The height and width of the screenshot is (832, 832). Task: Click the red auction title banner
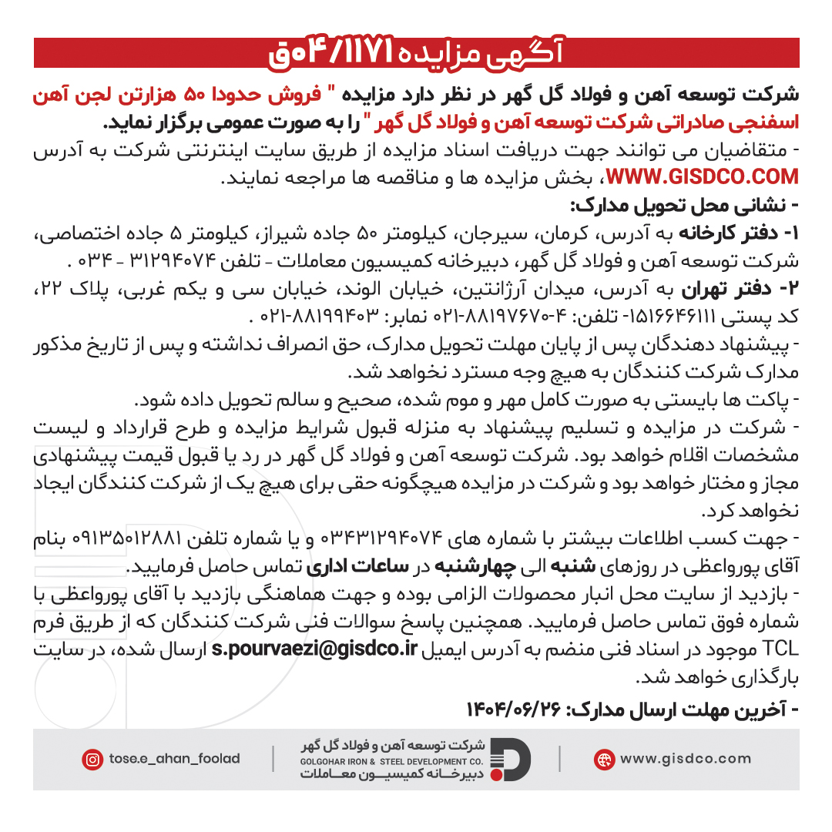coord(416,53)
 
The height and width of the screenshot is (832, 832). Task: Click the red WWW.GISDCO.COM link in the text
coord(703,178)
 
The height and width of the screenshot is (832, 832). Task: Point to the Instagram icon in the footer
coord(92,760)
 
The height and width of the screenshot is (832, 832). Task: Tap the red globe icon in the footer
coord(604,759)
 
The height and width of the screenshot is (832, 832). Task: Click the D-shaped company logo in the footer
coord(511,759)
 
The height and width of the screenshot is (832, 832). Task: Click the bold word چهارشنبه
coord(479,568)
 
